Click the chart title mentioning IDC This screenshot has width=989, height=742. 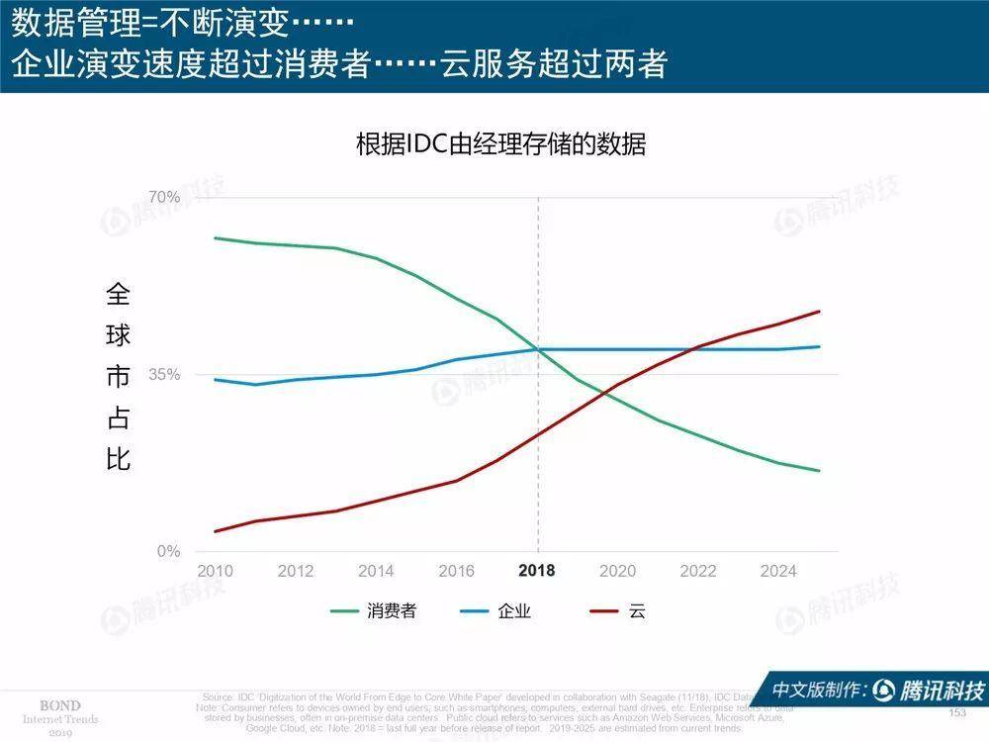[x=500, y=144]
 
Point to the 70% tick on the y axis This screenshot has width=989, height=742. [x=164, y=197]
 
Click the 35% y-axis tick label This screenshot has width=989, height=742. [x=164, y=375]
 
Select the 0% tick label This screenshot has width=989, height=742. [x=168, y=551]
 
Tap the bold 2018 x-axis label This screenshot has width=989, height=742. [x=537, y=571]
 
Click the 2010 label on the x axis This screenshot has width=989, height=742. [x=215, y=571]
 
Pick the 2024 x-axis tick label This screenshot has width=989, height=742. [x=778, y=571]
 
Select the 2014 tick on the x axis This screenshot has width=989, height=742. [x=376, y=571]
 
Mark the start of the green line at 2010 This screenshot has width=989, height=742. [x=215, y=237]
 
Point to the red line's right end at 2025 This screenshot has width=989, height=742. [x=820, y=312]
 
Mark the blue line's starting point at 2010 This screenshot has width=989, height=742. [x=215, y=379]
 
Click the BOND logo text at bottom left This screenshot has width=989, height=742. [x=59, y=705]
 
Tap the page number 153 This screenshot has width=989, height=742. [x=956, y=713]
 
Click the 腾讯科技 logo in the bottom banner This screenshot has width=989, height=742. [x=931, y=690]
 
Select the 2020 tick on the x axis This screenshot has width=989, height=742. [x=618, y=571]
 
